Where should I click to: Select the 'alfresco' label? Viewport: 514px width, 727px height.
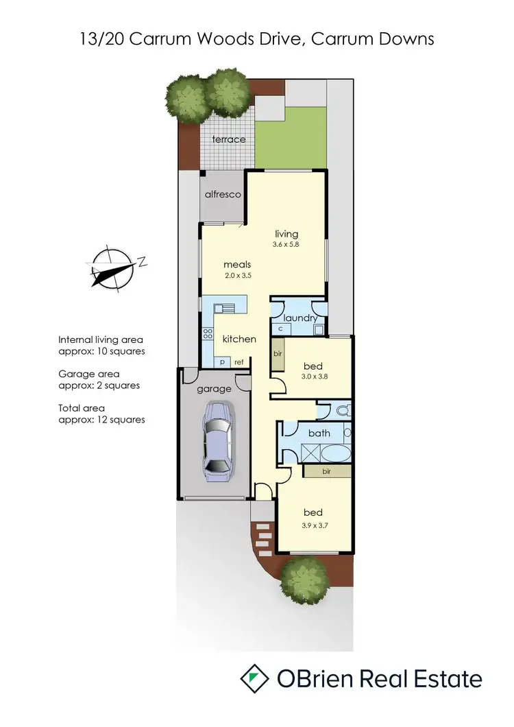[223, 195]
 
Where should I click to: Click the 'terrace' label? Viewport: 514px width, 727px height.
[228, 139]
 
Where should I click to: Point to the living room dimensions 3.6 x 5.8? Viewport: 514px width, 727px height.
[286, 244]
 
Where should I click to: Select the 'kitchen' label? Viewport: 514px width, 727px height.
[239, 339]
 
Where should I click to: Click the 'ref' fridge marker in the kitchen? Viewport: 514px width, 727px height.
[239, 362]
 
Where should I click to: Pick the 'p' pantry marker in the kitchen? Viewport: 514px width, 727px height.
[222, 362]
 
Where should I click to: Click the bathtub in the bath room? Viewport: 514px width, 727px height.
[336, 454]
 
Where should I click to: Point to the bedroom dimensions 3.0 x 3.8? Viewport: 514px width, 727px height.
[313, 377]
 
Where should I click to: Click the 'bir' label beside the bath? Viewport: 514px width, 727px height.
[327, 472]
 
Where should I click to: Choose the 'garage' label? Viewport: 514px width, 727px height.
[215, 389]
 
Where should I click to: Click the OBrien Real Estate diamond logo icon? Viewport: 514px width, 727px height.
[254, 678]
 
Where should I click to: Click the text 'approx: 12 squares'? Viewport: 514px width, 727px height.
[101, 420]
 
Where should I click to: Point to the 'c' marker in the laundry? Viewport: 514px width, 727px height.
[280, 329]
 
